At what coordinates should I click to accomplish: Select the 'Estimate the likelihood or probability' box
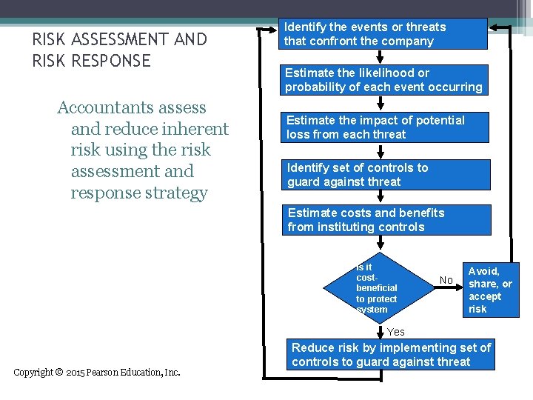[383, 80]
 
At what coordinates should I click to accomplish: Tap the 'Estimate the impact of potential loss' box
[383, 127]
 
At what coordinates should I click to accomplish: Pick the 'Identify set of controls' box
[383, 175]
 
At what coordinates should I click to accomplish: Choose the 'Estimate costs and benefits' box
[383, 220]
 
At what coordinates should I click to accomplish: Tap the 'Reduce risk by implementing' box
[391, 355]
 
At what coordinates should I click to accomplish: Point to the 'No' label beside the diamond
[446, 280]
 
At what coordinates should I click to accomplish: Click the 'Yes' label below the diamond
[396, 332]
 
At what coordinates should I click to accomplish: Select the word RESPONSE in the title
[110, 61]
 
